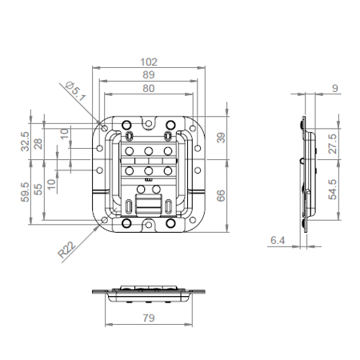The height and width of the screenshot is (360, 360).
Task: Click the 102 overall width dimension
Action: click(x=149, y=61)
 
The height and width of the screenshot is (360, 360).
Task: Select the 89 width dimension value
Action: click(x=149, y=74)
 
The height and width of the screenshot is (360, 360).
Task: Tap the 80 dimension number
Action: click(x=149, y=89)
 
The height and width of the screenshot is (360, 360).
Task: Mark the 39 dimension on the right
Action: click(x=221, y=138)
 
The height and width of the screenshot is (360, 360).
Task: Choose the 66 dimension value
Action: click(x=221, y=194)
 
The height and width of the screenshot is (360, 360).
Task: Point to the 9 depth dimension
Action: click(x=334, y=89)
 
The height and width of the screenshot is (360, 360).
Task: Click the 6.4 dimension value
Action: click(x=278, y=239)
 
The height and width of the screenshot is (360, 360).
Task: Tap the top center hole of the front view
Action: click(x=150, y=122)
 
